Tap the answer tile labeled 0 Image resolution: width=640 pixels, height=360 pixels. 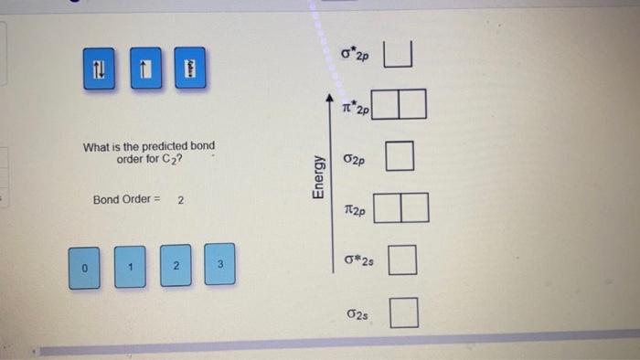83,267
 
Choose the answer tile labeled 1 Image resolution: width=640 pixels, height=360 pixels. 130,267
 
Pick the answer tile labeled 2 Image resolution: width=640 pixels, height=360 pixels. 177,265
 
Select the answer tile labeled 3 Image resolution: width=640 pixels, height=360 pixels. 219,264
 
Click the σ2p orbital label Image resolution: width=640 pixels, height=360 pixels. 355,158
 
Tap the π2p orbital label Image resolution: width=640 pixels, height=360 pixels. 355,210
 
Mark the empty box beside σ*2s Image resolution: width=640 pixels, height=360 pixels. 403,261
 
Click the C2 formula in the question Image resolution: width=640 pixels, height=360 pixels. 162,159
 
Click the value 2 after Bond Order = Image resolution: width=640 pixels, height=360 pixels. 180,199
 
